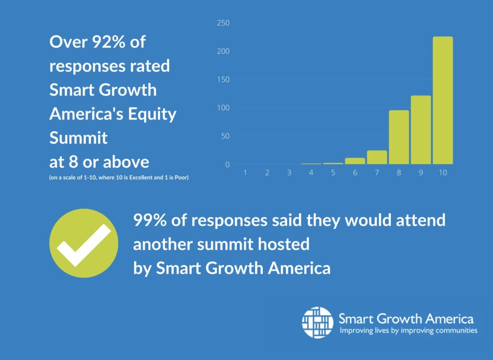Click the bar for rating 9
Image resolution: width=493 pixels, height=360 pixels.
(421, 130)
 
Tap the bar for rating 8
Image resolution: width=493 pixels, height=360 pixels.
(399, 137)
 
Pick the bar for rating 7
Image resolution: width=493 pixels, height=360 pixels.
(377, 157)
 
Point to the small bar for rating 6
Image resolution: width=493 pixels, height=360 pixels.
(355, 161)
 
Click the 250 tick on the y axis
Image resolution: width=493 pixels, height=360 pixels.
(223, 23)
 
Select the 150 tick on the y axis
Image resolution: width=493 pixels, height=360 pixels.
(223, 80)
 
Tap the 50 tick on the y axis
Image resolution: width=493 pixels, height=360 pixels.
(225, 136)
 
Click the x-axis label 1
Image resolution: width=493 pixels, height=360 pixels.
(245, 173)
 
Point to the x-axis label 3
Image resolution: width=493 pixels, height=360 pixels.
(289, 173)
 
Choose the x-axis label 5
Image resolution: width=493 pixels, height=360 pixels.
(333, 173)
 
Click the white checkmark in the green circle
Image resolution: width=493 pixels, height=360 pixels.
(84, 244)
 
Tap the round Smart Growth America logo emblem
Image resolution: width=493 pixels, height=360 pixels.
(317, 322)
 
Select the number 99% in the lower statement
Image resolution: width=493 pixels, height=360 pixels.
(150, 220)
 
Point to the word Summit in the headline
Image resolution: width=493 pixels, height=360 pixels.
(78, 138)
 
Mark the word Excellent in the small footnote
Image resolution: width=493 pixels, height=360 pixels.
(137, 178)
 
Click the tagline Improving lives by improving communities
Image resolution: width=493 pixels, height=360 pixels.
(408, 331)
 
